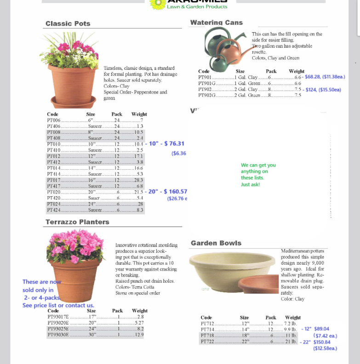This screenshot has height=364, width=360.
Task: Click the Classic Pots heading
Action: point(68,23)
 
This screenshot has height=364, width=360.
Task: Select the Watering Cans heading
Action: point(217,23)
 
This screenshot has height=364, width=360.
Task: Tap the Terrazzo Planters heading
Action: point(77,222)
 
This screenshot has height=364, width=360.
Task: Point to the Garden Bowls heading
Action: point(216,243)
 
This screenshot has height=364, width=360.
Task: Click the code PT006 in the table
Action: point(53,120)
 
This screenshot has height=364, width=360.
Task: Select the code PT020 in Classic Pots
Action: point(53,192)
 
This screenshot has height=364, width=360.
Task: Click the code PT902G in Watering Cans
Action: point(207,95)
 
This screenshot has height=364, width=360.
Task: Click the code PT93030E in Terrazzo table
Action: point(58,335)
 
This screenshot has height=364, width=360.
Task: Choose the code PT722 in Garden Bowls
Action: point(207,342)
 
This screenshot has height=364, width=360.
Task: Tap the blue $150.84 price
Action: point(322,342)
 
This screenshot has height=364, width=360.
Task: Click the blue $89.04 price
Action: point(321,329)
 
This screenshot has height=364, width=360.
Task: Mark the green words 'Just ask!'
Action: point(250,184)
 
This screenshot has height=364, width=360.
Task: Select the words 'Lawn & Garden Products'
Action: point(197,7)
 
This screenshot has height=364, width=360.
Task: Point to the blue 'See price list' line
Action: point(58,305)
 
